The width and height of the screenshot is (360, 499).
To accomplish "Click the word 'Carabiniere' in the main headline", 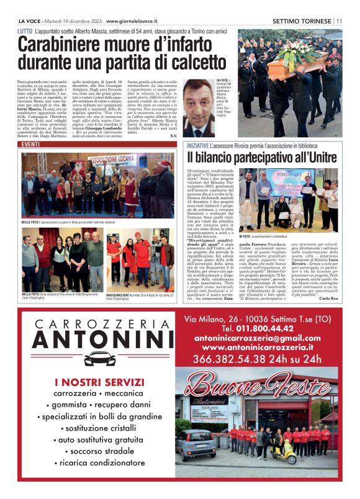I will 62,45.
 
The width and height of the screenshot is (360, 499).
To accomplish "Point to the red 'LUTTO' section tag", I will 25,30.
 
